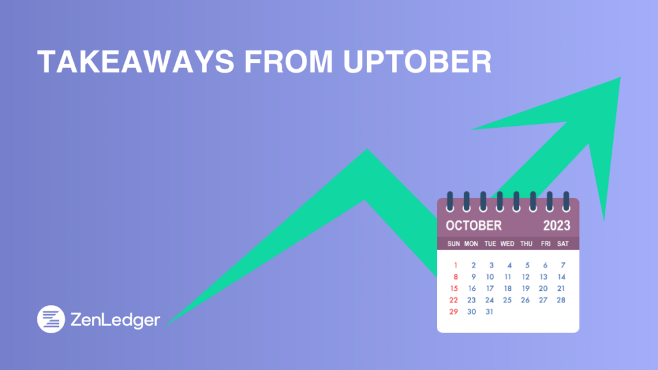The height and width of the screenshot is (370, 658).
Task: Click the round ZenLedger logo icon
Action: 51,319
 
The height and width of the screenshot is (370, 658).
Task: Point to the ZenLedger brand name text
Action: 116,319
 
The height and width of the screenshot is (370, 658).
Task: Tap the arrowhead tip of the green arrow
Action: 618,80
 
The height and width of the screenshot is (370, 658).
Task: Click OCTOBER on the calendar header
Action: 474,225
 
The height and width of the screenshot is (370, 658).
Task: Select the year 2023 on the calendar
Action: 556,225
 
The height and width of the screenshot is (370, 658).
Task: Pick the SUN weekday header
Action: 454,244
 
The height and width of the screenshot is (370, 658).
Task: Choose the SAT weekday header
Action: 563,244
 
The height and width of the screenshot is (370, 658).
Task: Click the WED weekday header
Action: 508,244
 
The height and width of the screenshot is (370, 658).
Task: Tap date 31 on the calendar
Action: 490,312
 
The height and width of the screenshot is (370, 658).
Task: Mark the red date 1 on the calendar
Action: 455,265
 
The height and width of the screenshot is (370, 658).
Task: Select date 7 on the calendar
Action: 563,265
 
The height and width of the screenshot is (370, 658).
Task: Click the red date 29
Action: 454,312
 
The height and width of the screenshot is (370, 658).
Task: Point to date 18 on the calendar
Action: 508,288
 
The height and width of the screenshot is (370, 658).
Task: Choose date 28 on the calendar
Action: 561,300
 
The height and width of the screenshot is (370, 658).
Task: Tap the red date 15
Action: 454,288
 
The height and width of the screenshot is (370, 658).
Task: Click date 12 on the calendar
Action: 526,277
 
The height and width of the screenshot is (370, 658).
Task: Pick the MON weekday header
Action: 471,244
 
